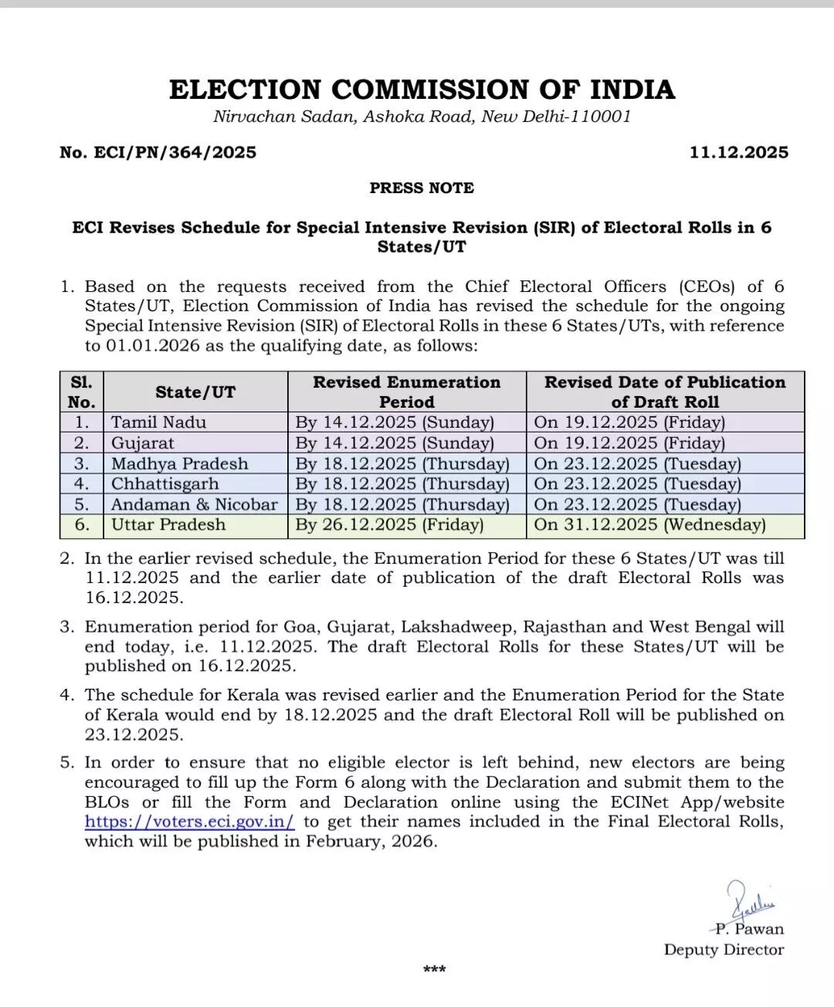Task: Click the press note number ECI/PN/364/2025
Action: coord(158,152)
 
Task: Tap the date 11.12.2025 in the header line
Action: coord(739,152)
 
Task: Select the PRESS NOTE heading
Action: coord(422,188)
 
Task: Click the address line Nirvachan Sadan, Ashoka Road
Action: coord(422,117)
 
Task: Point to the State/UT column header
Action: coord(195,392)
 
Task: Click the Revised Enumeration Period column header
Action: coord(406,392)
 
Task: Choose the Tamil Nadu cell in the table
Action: coord(159,422)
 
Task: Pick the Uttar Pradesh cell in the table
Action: coord(168,525)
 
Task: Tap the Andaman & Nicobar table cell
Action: coord(194,504)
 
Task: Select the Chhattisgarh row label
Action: coord(164,484)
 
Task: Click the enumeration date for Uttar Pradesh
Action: coord(389,525)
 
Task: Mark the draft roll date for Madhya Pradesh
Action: coord(637,464)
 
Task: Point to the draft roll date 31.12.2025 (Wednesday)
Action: coord(649,525)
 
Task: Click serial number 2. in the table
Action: coord(82,443)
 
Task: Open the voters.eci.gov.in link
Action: coord(190,822)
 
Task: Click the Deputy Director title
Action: coord(724,950)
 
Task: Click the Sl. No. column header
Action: coord(82,392)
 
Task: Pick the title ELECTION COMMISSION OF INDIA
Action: coord(422,90)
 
